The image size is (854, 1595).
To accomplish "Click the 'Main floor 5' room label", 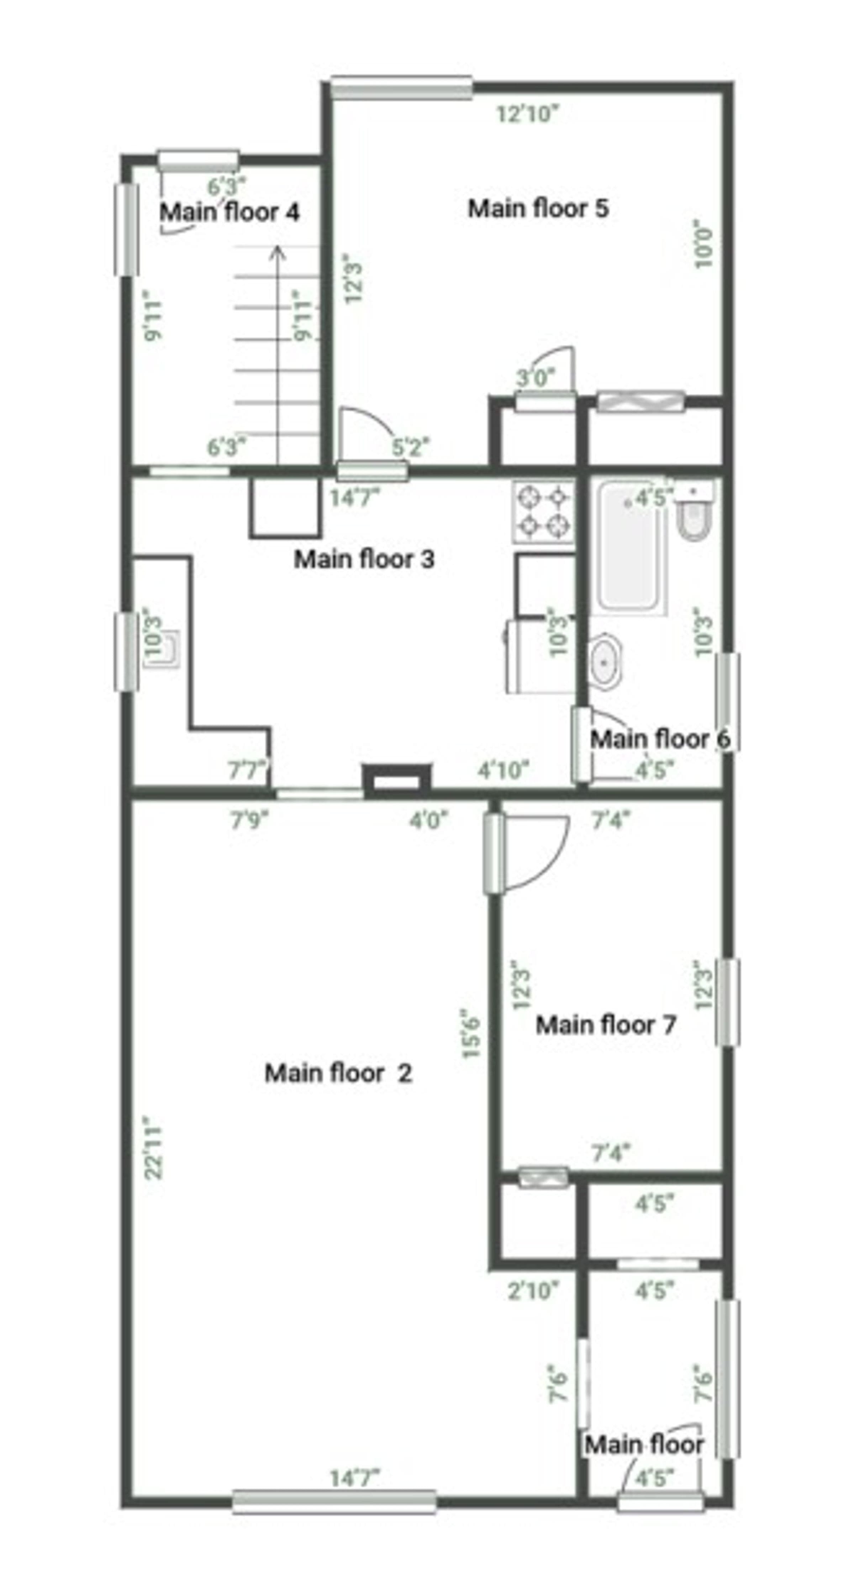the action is (x=538, y=209).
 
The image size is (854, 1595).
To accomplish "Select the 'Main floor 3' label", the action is (x=364, y=559).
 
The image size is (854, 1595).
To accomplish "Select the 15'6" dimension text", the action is (x=471, y=1033).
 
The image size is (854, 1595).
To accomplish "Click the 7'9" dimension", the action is (x=250, y=820).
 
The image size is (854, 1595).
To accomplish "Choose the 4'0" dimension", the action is (x=428, y=820).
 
